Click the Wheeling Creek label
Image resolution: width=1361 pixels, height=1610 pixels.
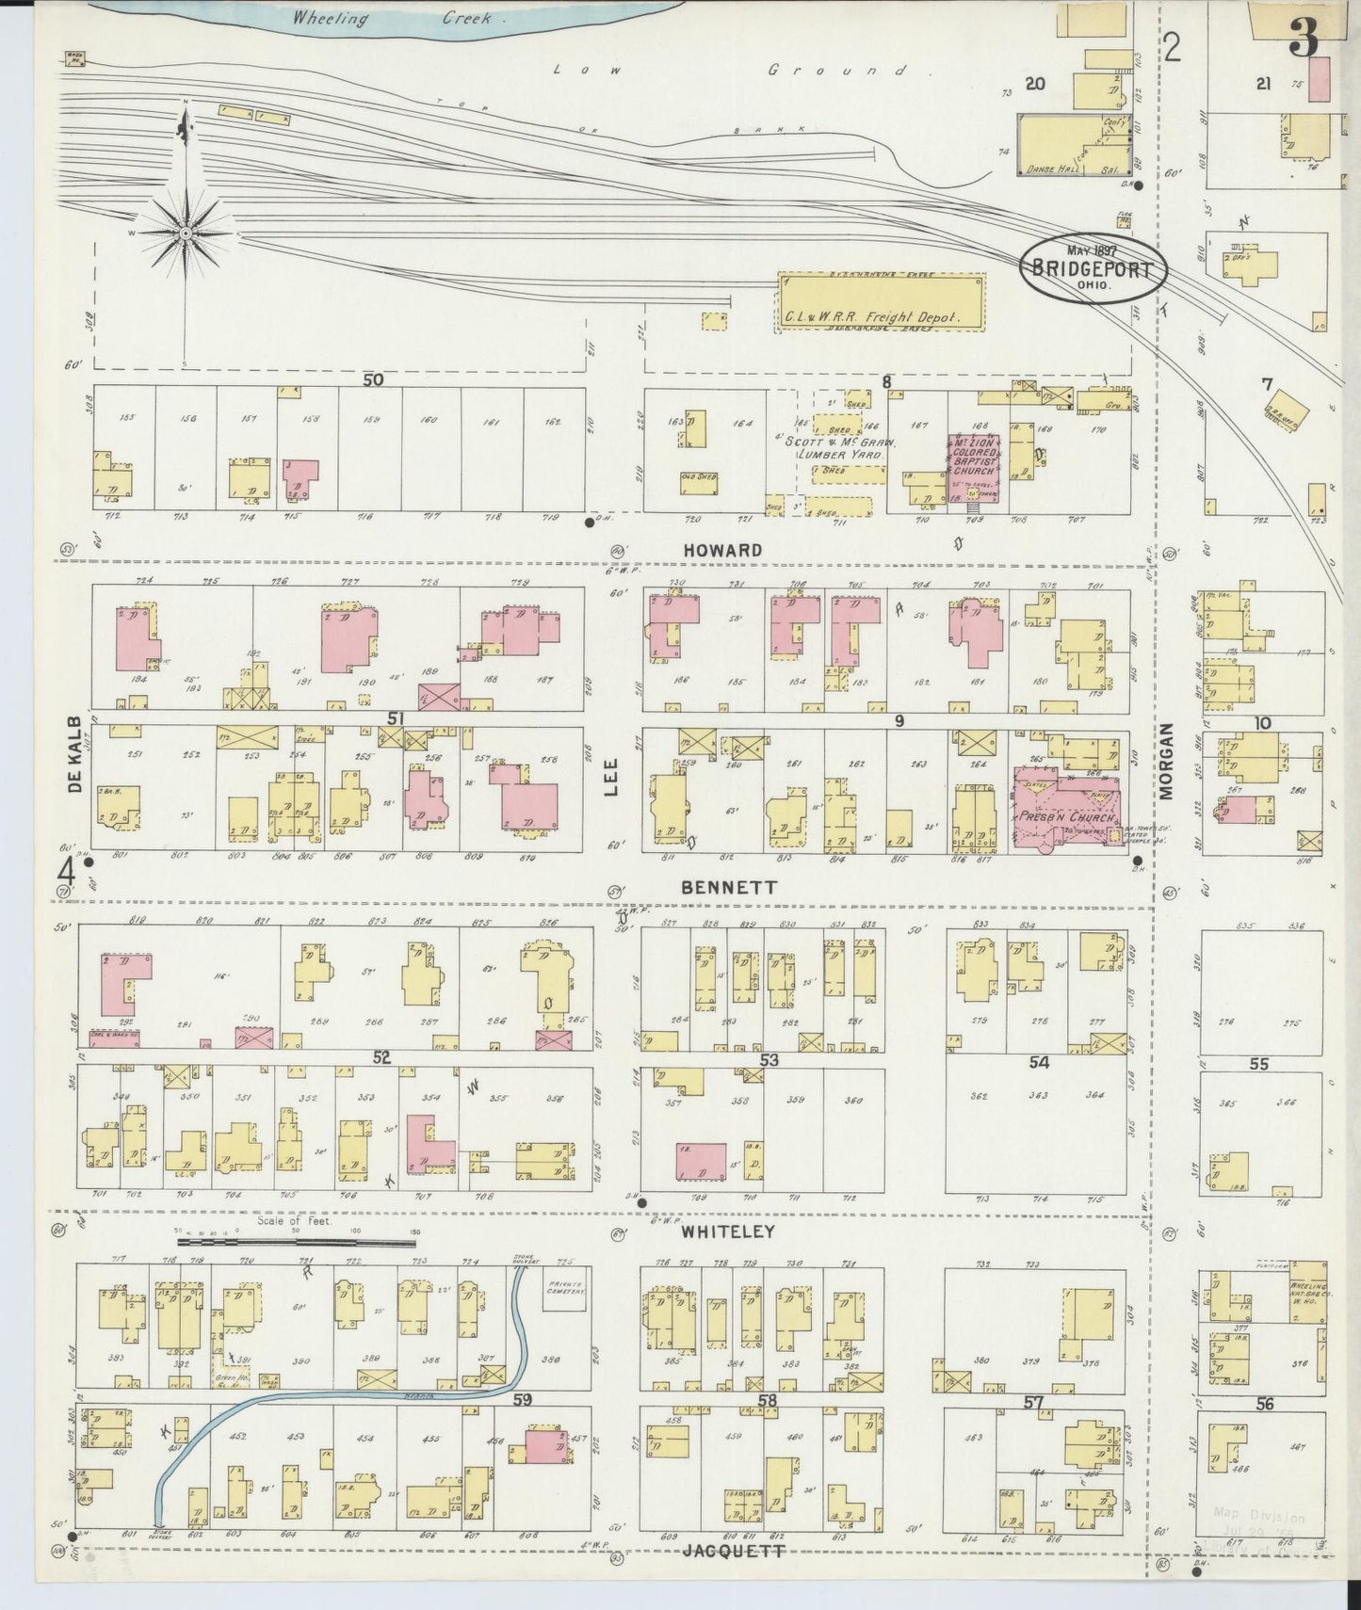tap(397, 18)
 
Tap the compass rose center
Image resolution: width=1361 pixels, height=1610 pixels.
tap(186, 232)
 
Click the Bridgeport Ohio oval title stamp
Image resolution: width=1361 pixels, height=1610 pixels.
tap(1093, 266)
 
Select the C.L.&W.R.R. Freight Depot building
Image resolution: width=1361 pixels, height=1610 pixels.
tap(882, 302)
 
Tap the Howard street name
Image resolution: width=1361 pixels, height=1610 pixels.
tap(722, 550)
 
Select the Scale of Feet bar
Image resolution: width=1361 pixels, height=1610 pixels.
tap(297, 1243)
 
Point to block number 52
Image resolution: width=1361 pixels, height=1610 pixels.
tap(381, 1057)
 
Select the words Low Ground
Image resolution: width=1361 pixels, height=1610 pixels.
tap(730, 71)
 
